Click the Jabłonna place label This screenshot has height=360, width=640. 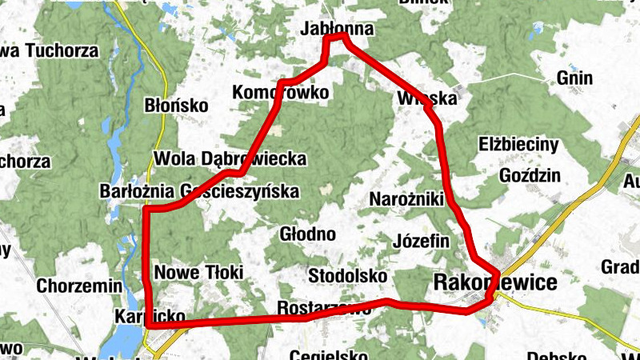pos(338,29)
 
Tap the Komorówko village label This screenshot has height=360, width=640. pos(280,93)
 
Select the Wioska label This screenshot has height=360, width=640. pos(426,99)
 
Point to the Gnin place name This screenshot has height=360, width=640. pos(575,78)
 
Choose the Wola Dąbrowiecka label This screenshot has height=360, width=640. pos(230,159)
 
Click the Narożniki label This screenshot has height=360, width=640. pos(407,198)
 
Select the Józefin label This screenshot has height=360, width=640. pos(422,240)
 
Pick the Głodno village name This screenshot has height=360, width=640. pos(307,234)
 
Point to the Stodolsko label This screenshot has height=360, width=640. pos(347,276)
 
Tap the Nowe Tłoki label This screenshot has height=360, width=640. pos(198,272)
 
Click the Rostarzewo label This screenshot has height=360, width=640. pos(323,308)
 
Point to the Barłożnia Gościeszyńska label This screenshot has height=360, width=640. pos(199,192)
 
